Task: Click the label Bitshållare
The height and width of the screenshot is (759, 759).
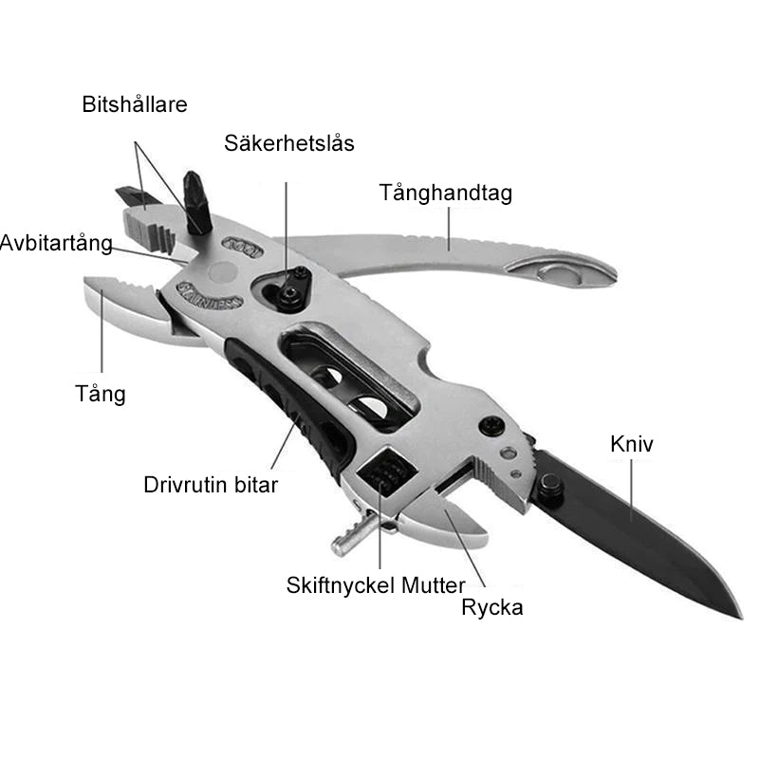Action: tap(135, 104)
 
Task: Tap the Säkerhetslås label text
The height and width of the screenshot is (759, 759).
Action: tap(289, 143)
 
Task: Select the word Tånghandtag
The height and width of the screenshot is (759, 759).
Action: tap(445, 194)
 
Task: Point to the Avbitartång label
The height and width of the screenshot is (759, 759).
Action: tap(56, 243)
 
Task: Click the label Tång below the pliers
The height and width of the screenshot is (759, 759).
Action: tap(101, 394)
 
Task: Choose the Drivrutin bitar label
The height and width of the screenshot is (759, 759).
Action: tap(211, 485)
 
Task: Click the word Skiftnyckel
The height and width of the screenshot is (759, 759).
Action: tap(342, 585)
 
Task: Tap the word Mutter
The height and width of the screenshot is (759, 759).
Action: tap(434, 585)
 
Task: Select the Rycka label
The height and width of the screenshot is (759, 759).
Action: tap(491, 608)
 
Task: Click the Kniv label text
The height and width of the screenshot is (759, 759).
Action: tap(631, 444)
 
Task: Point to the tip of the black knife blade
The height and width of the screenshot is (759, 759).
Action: tap(742, 619)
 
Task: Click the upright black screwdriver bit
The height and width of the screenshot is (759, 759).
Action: tap(197, 203)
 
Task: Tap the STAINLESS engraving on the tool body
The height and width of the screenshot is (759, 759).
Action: tap(209, 295)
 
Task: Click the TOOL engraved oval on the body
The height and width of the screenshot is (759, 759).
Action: tap(243, 248)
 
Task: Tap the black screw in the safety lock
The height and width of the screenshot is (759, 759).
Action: tap(289, 294)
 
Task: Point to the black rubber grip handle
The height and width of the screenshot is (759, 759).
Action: tap(289, 408)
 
